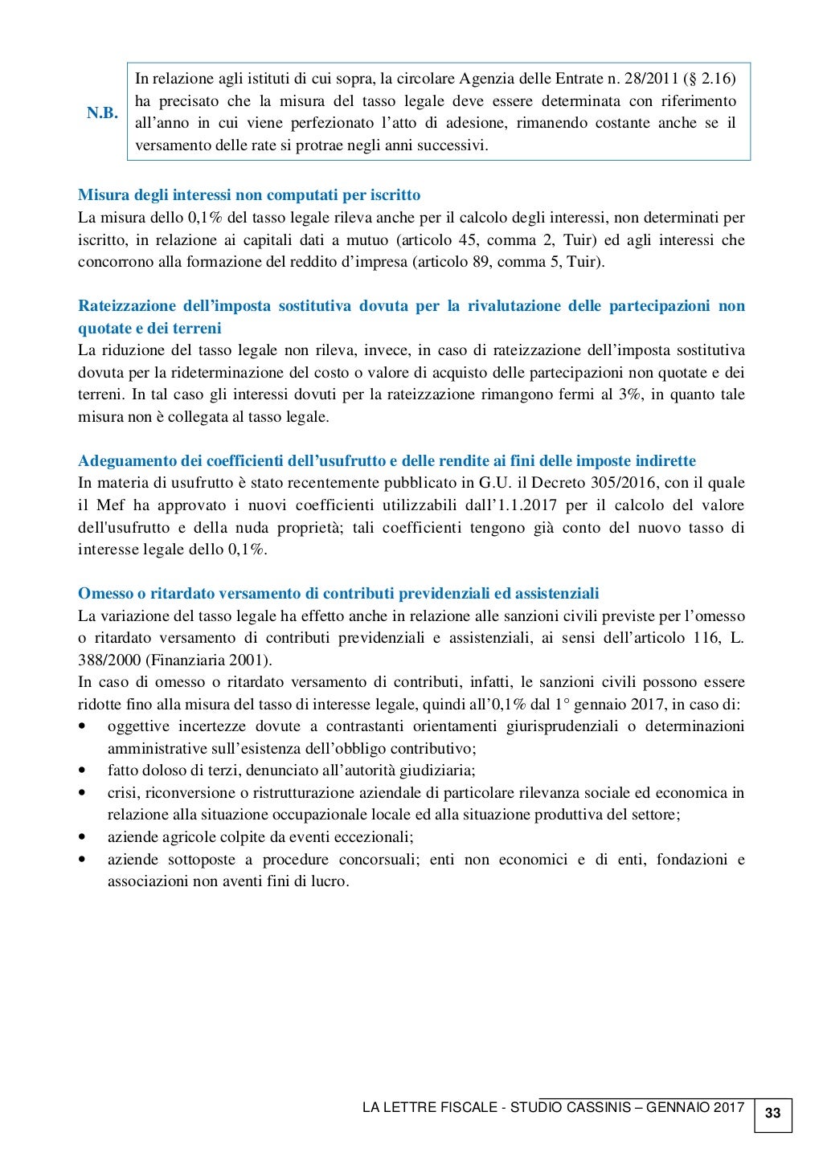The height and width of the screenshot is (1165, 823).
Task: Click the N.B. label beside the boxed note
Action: pyautogui.click(x=102, y=113)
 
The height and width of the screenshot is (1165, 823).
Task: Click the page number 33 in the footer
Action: pyautogui.click(x=772, y=1113)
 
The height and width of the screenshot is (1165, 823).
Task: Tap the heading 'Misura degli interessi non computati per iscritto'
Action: pyautogui.click(x=249, y=195)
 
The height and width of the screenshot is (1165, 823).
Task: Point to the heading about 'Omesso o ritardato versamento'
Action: pyautogui.click(x=338, y=594)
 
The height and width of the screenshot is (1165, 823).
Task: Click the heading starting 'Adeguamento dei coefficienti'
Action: pyautogui.click(x=387, y=461)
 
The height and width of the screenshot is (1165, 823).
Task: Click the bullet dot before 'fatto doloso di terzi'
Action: pyautogui.click(x=83, y=771)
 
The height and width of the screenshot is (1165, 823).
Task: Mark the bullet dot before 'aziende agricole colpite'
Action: pyautogui.click(x=83, y=837)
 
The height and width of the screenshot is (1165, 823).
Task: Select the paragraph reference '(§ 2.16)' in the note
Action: pyautogui.click(x=708, y=79)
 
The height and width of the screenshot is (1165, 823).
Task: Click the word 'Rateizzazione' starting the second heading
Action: pyautogui.click(x=126, y=306)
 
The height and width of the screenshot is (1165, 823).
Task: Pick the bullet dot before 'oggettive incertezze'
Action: pyautogui.click(x=83, y=726)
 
